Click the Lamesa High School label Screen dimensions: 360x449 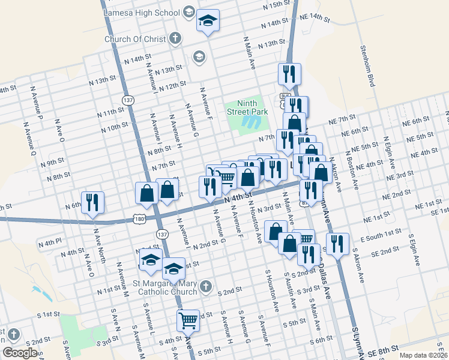coord(141,12)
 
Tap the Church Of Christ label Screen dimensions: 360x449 coord(134,39)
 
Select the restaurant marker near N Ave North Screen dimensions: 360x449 coord(92,202)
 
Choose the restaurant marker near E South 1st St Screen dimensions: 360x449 coord(337,244)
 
